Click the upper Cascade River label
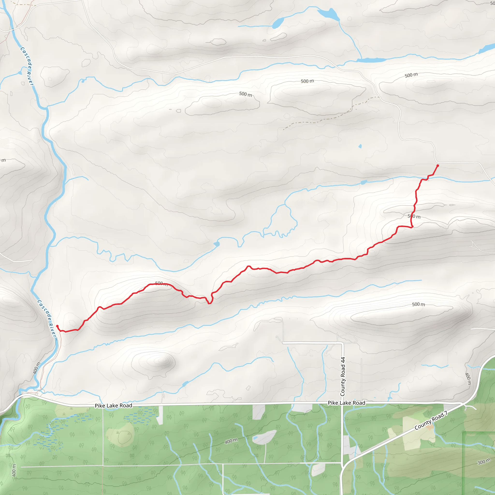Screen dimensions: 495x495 pyautogui.click(x=27, y=66)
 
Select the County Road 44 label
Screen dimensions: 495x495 pyautogui.click(x=342, y=376)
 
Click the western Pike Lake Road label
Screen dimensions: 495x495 pyautogui.click(x=114, y=406)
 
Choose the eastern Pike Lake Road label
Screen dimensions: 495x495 pyautogui.click(x=346, y=403)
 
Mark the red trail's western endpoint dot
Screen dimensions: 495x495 pyautogui.click(x=57, y=326)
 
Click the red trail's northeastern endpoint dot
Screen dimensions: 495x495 pyautogui.click(x=438, y=166)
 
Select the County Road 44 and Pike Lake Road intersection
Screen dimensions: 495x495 pyautogui.click(x=342, y=404)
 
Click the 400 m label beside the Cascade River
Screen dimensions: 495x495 pyautogui.click(x=37, y=368)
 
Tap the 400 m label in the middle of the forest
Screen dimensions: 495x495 pyautogui.click(x=231, y=441)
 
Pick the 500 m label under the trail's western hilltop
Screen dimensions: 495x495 pyautogui.click(x=161, y=284)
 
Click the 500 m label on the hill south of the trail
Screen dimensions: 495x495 pyautogui.click(x=418, y=304)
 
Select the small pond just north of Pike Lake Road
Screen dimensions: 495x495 pyautogui.click(x=185, y=384)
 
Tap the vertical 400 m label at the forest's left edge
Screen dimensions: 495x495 pyautogui.click(x=14, y=470)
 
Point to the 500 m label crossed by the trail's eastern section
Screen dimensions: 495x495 pyautogui.click(x=414, y=216)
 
